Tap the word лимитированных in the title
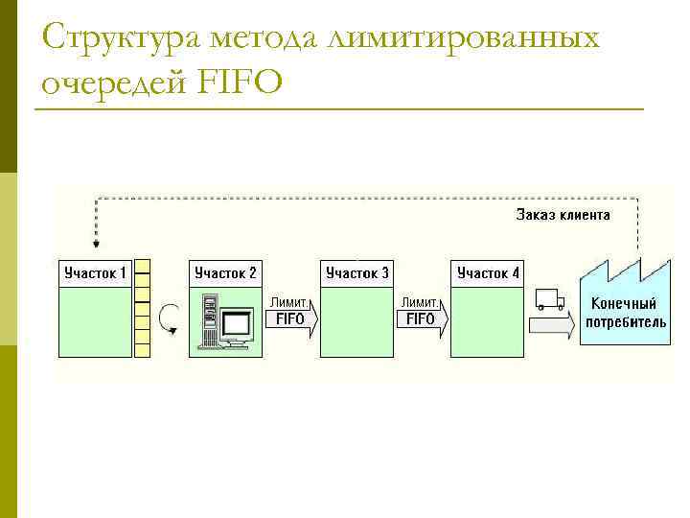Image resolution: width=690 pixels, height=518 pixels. pos(463,38)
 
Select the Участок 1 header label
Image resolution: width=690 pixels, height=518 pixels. pos(95,273)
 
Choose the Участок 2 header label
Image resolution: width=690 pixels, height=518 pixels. pos(225,273)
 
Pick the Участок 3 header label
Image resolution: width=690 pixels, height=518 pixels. pos(356,273)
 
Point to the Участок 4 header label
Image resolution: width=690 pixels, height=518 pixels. pos(488,273)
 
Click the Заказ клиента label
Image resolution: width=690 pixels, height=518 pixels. pos(563,215)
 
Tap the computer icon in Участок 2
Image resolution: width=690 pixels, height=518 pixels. pos(223,322)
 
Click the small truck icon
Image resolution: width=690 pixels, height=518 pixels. pos(549,300)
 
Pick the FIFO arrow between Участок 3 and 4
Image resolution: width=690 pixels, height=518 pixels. pos(422,318)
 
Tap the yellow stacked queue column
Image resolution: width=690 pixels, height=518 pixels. pos(143,308)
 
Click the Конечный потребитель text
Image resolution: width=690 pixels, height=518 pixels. pos(626,314)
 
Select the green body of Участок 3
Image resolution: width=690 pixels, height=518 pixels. pos(356,321)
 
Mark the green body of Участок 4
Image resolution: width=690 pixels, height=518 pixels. pos(488,321)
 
